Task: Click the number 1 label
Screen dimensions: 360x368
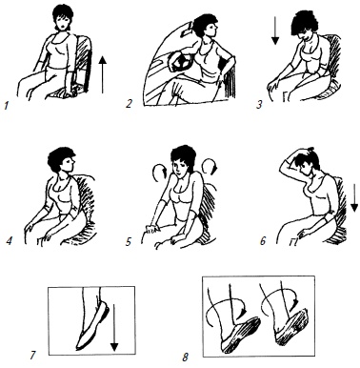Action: tap(6, 105)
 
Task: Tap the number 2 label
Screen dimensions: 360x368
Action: tap(129, 103)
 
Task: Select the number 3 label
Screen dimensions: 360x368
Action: tap(259, 104)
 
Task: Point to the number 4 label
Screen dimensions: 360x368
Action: tap(10, 241)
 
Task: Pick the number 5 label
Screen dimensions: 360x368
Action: tap(129, 242)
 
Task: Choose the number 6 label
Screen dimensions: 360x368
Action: tap(263, 240)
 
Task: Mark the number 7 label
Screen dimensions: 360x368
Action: tap(32, 355)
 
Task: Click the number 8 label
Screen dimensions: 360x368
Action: tap(186, 358)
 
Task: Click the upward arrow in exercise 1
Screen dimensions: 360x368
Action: tap(102, 74)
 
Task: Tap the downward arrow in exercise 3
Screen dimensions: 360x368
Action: tap(275, 31)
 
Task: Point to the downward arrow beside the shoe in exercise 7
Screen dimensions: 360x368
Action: tap(114, 328)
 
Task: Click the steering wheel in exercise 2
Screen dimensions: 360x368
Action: tap(180, 62)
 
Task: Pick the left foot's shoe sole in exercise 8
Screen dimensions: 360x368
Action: tap(242, 336)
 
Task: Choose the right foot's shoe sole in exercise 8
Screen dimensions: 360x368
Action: tap(292, 326)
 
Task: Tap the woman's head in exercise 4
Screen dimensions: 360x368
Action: tap(62, 160)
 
